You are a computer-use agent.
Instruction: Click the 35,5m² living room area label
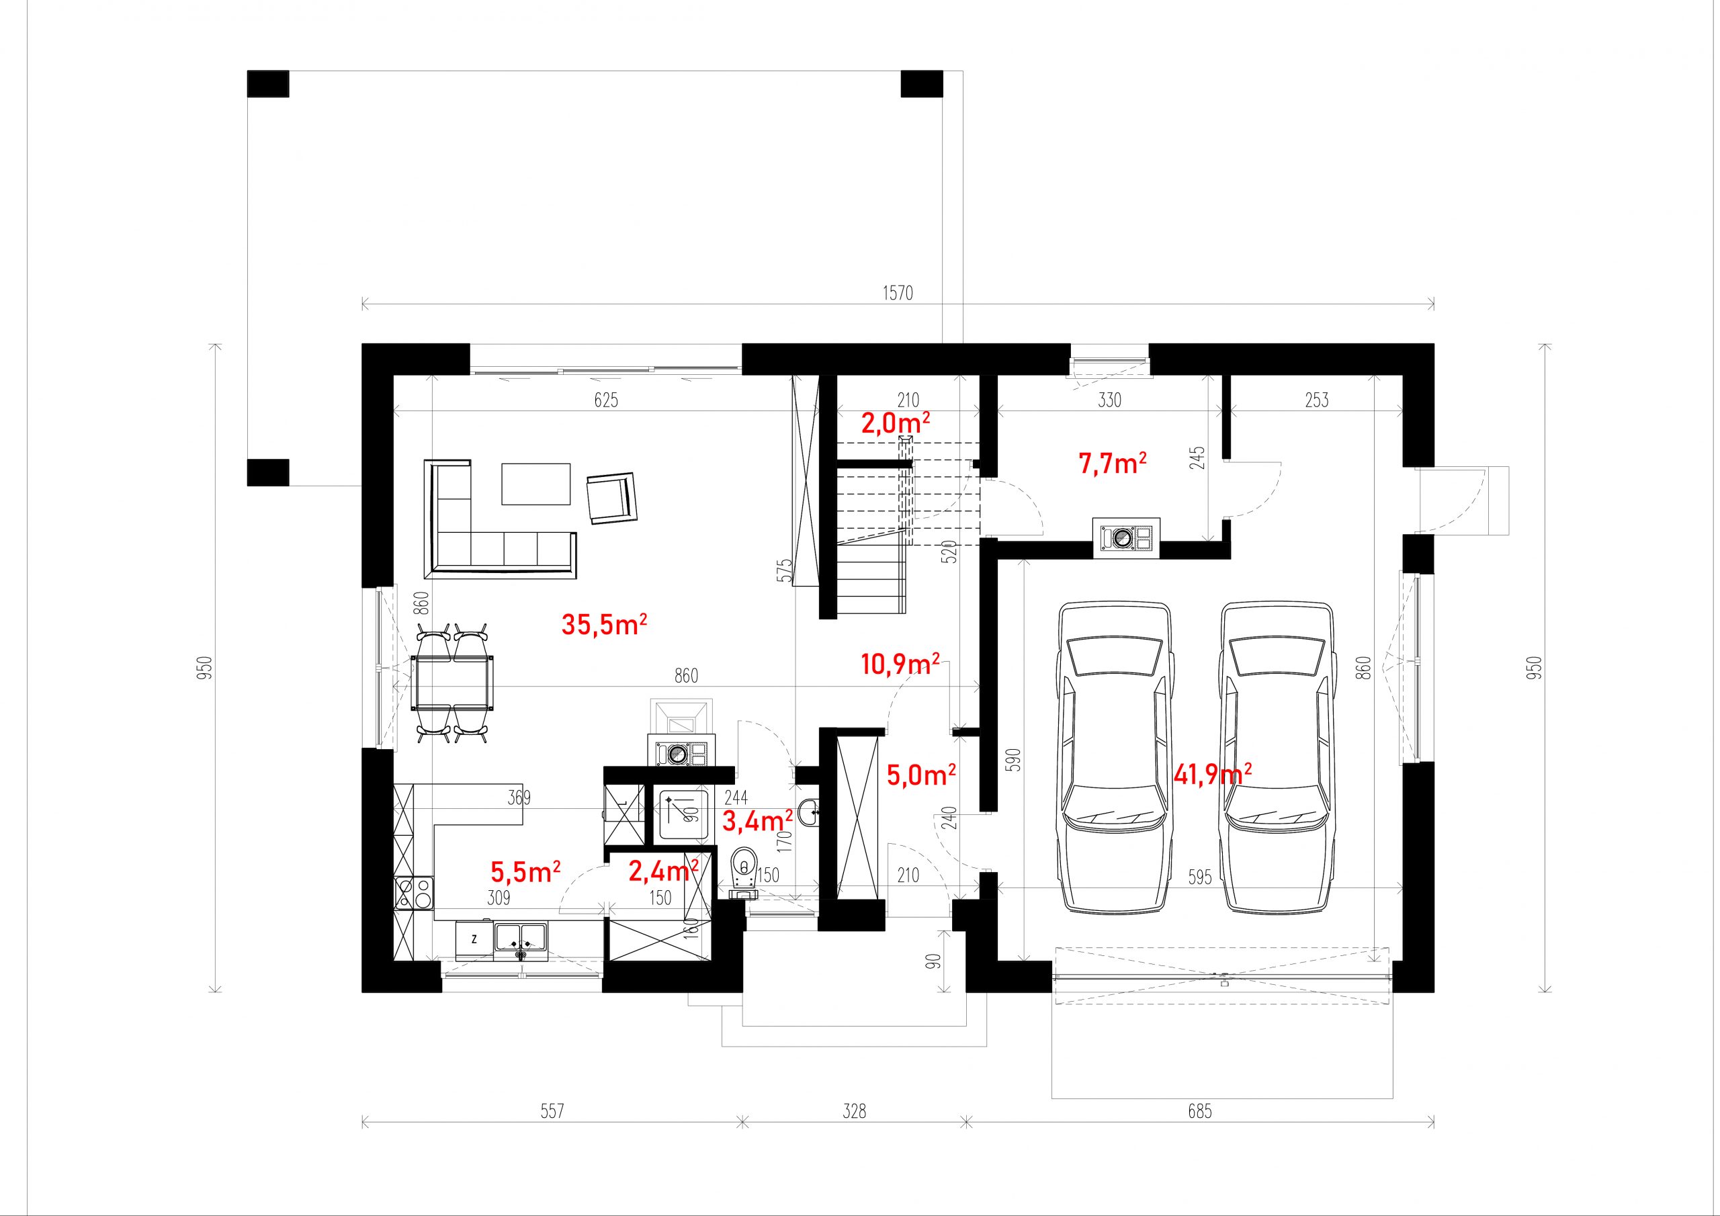(x=604, y=623)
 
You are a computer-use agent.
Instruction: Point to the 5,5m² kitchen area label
(x=525, y=871)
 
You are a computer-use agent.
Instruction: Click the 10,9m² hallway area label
(x=900, y=664)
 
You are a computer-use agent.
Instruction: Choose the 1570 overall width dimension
(x=898, y=293)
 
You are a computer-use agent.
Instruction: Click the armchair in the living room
(x=612, y=498)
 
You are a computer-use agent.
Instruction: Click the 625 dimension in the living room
(x=606, y=400)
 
